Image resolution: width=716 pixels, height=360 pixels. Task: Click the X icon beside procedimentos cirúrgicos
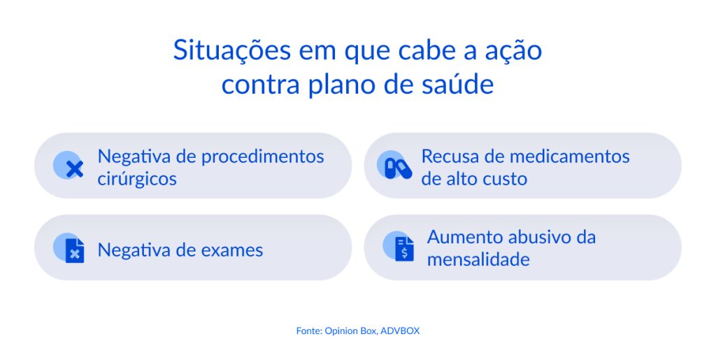73,167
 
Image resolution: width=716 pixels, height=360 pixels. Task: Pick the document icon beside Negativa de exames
73,249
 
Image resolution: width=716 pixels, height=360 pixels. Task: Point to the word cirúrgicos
137,178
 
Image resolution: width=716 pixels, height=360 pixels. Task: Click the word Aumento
462,237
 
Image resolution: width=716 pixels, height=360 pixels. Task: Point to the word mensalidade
478,259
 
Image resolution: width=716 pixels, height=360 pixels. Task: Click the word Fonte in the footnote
308,331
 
